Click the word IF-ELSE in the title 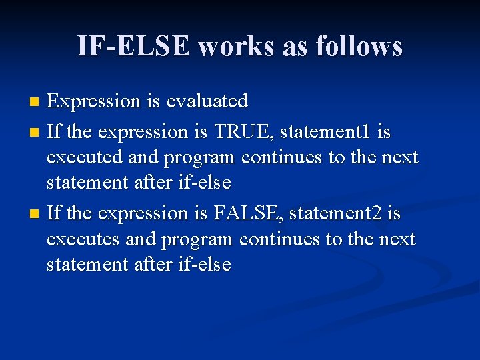[133, 46]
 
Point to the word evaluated [207, 101]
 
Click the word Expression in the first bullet [94, 102]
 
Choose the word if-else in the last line [205, 264]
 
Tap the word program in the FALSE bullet [199, 239]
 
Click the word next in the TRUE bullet [401, 157]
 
